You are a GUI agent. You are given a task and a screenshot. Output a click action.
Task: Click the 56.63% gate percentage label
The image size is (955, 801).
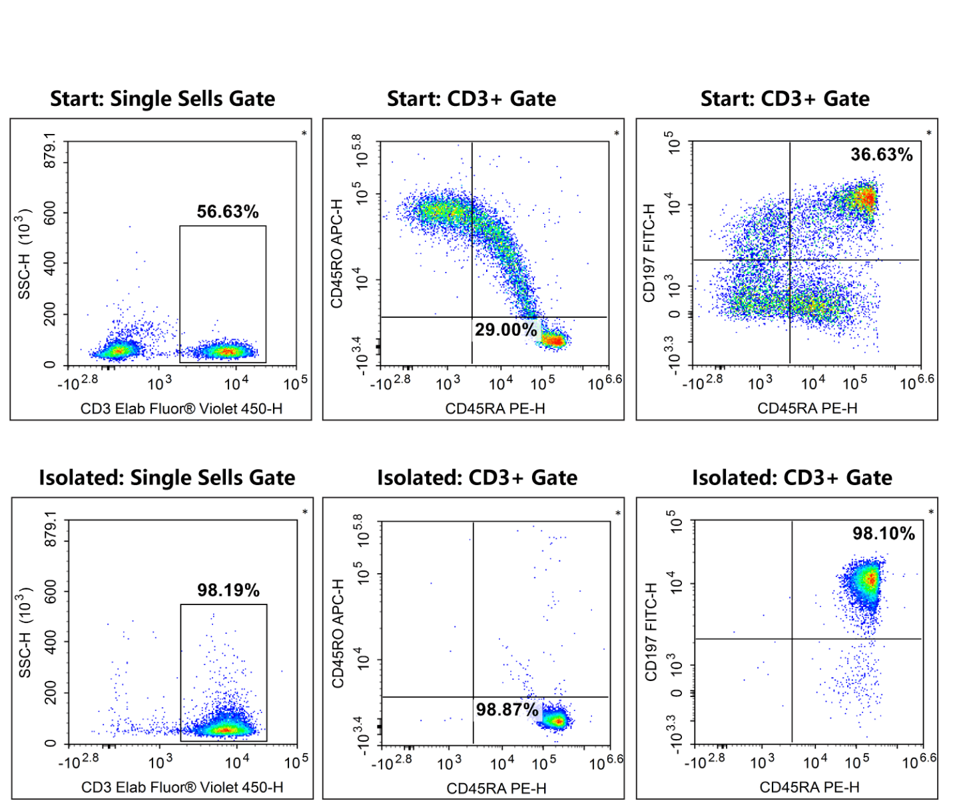click(x=227, y=212)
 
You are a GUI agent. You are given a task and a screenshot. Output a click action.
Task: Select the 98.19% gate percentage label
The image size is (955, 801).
click(x=228, y=590)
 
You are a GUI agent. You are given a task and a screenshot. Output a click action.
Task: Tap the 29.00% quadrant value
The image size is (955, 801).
click(x=505, y=330)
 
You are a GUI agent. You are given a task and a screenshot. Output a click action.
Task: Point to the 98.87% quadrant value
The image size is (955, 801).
click(x=507, y=710)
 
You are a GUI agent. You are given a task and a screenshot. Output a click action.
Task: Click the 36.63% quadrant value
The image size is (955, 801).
click(x=882, y=155)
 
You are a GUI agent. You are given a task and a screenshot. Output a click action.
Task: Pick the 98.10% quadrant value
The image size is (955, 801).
click(x=884, y=534)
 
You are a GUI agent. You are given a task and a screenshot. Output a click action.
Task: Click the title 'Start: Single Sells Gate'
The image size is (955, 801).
click(x=162, y=99)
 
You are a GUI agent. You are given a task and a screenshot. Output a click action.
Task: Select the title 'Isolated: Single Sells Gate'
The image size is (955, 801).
click(x=166, y=478)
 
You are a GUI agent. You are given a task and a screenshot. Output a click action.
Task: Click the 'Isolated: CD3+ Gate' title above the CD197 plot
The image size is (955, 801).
click(x=792, y=478)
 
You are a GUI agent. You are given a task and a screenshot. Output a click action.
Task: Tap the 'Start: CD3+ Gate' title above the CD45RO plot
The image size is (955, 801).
click(x=472, y=99)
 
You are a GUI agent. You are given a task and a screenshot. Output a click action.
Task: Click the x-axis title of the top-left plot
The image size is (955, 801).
click(x=181, y=408)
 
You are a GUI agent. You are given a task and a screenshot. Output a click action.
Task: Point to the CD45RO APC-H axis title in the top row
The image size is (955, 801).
click(x=337, y=253)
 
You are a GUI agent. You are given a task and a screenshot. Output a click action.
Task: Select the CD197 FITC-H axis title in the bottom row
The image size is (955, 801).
click(x=651, y=632)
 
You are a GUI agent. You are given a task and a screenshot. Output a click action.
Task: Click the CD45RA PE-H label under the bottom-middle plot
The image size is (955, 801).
click(x=496, y=788)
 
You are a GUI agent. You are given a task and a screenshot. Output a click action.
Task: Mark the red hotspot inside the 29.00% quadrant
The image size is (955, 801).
click(x=553, y=341)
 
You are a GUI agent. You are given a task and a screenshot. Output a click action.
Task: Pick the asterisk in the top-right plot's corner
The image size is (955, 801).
click(x=929, y=133)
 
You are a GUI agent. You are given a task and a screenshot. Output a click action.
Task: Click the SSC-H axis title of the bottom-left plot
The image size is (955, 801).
click(x=25, y=632)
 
